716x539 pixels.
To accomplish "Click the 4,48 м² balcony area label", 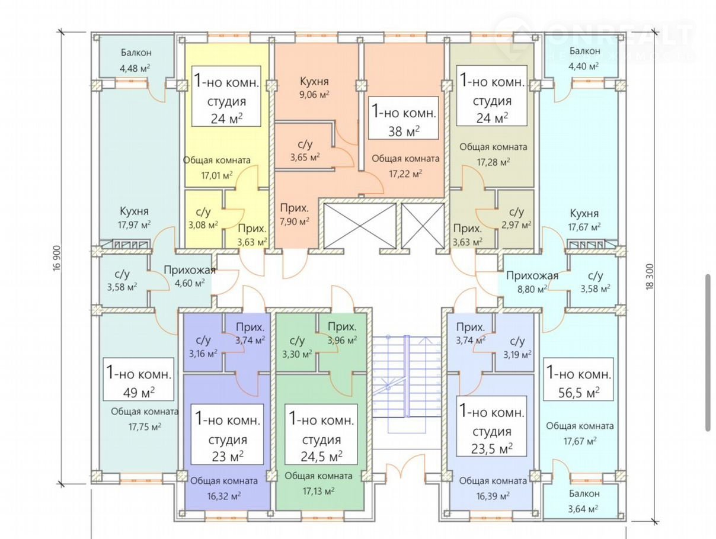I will tap(135, 68).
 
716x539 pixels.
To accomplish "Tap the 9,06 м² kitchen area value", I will tap(314, 94).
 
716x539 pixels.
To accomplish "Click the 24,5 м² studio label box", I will tap(321, 434).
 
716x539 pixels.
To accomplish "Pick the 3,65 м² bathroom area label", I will tap(305, 157).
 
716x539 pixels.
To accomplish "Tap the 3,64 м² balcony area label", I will tap(584, 508).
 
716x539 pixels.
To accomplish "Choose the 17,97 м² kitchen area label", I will tap(134, 224).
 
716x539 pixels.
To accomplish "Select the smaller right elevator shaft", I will tap(423, 226).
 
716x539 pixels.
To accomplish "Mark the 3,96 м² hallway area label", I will tap(342, 340).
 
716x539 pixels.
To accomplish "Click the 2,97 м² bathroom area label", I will tap(517, 224).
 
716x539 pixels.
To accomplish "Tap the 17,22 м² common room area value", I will tap(405, 174).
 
